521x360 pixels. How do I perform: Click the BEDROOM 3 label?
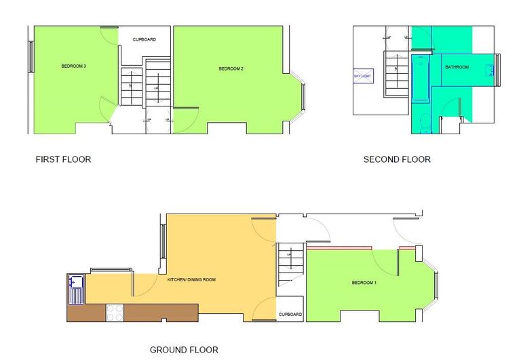73,66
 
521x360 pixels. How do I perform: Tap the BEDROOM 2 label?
231,69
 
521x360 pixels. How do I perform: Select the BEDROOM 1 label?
364,283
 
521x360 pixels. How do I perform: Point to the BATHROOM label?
457,67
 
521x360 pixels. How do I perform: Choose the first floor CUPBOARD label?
144,39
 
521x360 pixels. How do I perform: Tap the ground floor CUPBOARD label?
290,315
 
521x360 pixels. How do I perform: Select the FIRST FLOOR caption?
63,160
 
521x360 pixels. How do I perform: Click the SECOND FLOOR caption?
397,160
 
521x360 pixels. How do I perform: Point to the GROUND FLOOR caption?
184,351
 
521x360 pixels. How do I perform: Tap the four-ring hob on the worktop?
115,312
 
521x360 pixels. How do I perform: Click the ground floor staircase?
288,264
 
